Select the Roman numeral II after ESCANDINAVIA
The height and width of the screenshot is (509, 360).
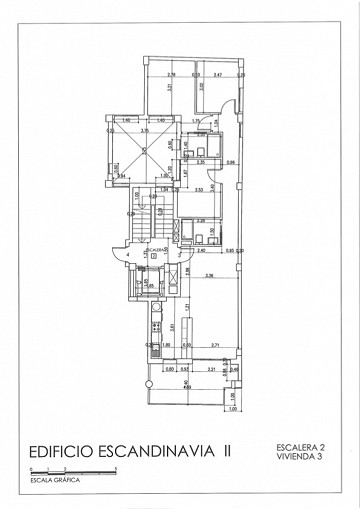click(x=228, y=452)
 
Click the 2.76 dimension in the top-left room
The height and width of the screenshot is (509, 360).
click(x=171, y=75)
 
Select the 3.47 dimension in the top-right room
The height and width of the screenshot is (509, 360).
click(x=217, y=75)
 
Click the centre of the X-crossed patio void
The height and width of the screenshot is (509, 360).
click(x=143, y=151)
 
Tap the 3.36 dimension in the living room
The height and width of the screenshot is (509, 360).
click(x=209, y=275)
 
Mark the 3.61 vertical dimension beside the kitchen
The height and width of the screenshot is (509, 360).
click(x=172, y=325)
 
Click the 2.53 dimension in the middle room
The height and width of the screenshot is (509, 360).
click(x=199, y=189)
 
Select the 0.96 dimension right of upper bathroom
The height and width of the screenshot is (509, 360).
click(x=230, y=162)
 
